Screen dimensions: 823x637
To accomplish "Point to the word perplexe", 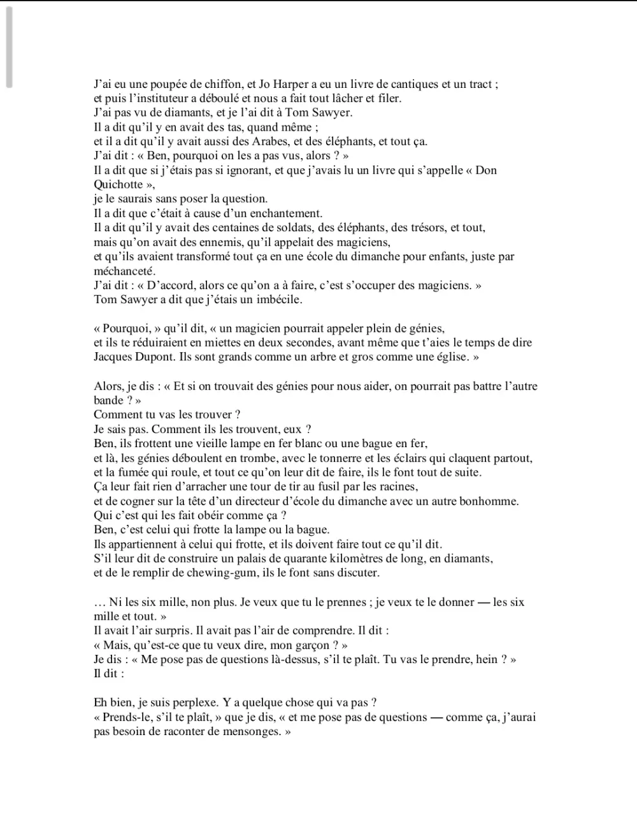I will [x=188, y=703].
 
